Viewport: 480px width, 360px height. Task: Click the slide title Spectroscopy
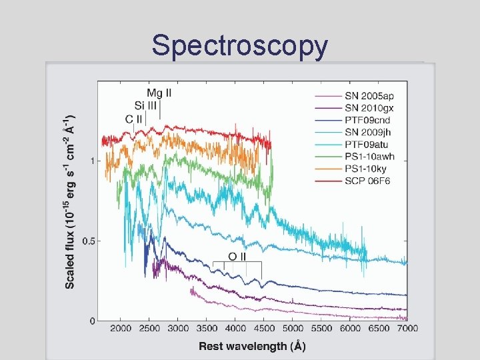tap(240, 46)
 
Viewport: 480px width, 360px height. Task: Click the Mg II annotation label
tap(159, 93)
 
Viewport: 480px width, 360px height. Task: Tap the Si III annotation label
tap(146, 105)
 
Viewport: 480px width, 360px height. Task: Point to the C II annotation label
tap(133, 119)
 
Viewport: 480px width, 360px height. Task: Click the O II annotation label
tap(237, 256)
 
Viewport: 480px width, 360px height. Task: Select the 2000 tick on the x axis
tap(121, 329)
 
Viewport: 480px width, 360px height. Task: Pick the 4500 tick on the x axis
tap(264, 329)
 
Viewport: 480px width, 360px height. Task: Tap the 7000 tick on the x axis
tap(407, 329)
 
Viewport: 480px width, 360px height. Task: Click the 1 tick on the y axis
tap(91, 161)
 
